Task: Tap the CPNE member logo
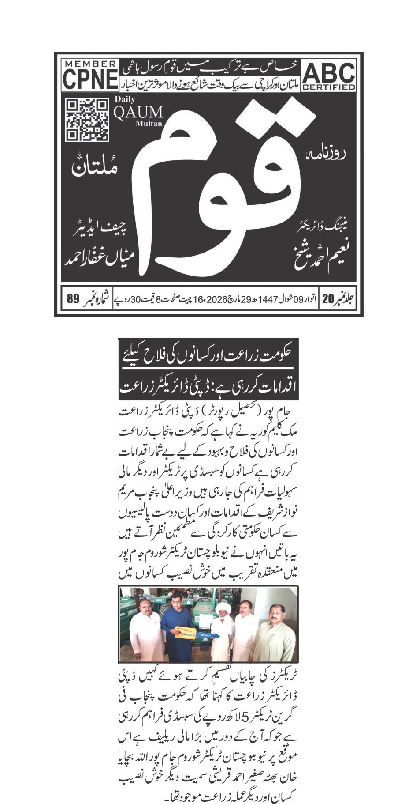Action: coord(90,75)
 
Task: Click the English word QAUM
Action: coord(138,113)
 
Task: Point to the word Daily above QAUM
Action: coord(125,100)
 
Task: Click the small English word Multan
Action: coord(149,124)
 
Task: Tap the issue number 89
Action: coord(73,299)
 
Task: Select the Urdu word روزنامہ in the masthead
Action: coord(326,155)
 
